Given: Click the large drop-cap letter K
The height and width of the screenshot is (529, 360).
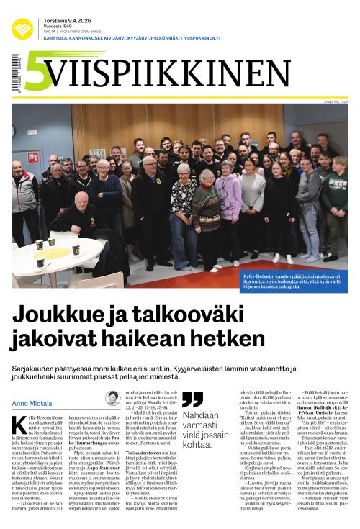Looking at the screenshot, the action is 19,425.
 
